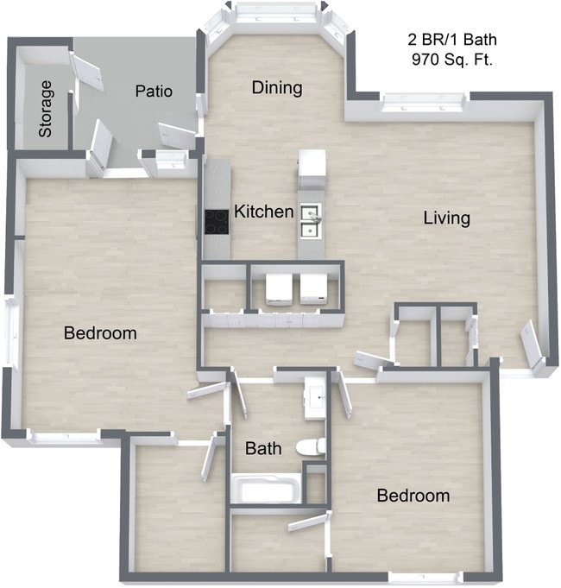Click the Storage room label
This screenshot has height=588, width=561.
[x=46, y=110]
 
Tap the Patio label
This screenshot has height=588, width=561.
[x=154, y=91]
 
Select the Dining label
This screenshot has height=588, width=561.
[x=277, y=87]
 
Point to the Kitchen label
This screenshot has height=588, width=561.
[x=264, y=212]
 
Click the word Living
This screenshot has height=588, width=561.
[x=446, y=218]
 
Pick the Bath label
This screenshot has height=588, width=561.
[x=262, y=449]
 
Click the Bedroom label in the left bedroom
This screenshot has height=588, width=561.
[x=101, y=332]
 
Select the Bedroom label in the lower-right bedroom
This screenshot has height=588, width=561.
[x=413, y=496]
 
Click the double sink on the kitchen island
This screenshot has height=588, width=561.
[x=312, y=220]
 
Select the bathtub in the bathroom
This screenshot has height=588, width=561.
[x=268, y=490]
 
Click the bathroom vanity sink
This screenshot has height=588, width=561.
[x=316, y=395]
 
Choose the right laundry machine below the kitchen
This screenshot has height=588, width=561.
[x=312, y=290]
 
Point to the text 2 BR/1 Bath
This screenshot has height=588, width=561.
[x=452, y=40]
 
